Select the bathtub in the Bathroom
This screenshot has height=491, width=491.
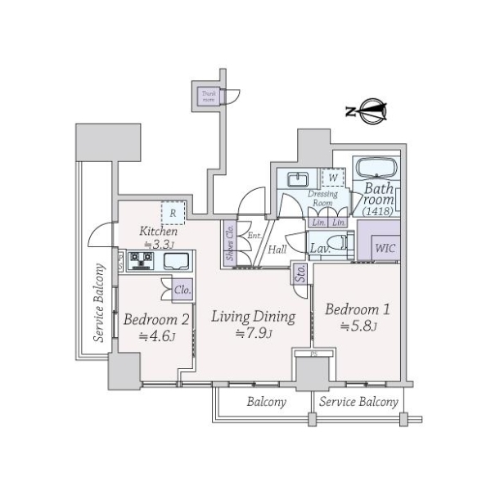pos(376,169)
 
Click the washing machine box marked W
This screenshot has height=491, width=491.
pos(333,178)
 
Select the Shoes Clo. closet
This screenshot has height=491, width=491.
pos(230,243)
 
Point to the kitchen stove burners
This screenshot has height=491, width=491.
pos(140,260)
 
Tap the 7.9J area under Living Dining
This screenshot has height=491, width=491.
pos(253,333)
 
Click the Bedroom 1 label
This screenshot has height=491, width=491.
pos(358,310)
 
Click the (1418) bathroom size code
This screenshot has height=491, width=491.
pos(377,211)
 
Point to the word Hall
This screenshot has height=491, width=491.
pos(277,250)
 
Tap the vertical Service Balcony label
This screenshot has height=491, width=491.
pos(99,303)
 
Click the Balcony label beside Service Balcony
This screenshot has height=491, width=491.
pos(266,402)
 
